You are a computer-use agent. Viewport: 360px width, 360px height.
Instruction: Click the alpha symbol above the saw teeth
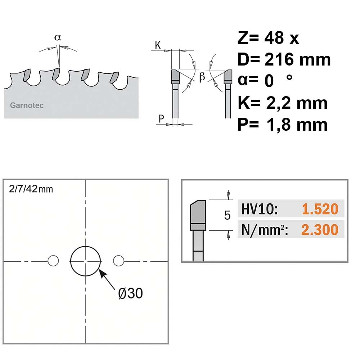click(58, 37)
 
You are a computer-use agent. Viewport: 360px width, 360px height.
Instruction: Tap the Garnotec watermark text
click(27, 105)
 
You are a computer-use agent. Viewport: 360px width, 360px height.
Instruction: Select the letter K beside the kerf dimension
click(158, 45)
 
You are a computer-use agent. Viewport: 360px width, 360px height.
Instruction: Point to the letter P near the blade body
click(161, 119)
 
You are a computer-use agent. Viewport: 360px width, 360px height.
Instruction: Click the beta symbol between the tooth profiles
click(202, 76)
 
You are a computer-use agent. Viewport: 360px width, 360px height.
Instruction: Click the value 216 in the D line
click(279, 59)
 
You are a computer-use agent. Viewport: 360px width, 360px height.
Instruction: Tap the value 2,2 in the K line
click(279, 104)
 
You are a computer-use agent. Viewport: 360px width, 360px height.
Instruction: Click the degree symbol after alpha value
click(289, 77)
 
